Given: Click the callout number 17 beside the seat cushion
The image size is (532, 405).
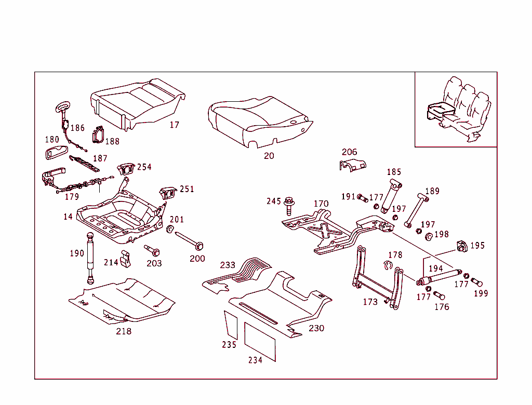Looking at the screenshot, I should coord(175,125).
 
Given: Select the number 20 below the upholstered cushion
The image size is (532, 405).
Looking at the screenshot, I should coord(269,155).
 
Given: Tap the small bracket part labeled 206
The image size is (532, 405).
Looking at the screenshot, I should coord(352,165).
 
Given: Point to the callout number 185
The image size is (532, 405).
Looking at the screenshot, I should coord(394,172).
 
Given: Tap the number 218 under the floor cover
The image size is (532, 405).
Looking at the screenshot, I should coord(124,331).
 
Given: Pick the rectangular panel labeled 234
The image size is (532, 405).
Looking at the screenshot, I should coord(260,340).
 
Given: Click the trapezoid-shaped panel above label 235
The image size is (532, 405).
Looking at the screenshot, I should coord(230,325).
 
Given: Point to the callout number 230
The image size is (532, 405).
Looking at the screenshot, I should coord(316,328).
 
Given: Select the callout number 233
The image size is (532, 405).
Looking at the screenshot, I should coord(228,265).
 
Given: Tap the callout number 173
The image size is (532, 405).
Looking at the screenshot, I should coord(370,302).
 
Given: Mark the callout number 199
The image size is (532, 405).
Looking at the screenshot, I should coord(481,293).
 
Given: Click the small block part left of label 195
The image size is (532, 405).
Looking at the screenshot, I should coord(460,246).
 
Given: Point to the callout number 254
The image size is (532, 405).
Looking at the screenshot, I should coord(144,167).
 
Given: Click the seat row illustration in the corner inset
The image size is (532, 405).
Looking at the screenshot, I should coord(457,111).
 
